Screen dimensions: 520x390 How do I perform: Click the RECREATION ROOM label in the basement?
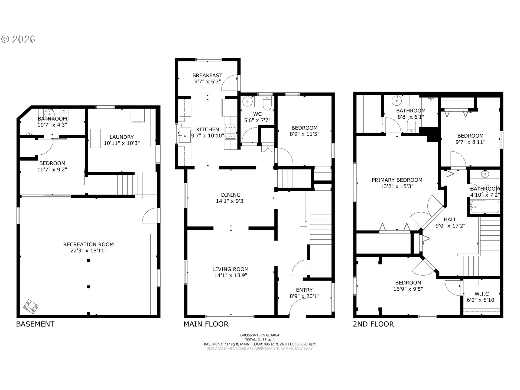pyautogui.click(x=88, y=244)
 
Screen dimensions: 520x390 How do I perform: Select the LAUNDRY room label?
pyautogui.click(x=122, y=137)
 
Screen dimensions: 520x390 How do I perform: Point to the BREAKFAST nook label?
pyautogui.click(x=207, y=76)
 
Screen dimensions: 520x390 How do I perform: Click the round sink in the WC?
pyautogui.click(x=248, y=102)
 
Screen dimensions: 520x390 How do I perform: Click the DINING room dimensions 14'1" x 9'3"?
pyautogui.click(x=231, y=201)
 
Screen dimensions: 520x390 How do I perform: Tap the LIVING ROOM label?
pyautogui.click(x=231, y=269)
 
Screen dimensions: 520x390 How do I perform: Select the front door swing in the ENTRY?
pyautogui.click(x=297, y=309)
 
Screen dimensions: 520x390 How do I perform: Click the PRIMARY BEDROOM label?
pyautogui.click(x=397, y=180)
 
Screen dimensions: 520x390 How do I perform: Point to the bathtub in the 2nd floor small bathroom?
pyautogui.click(x=485, y=207)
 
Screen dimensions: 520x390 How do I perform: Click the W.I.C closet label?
pyautogui.click(x=482, y=294)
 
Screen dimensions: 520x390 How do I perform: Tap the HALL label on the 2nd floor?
pyautogui.click(x=450, y=219)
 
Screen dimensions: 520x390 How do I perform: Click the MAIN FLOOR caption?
pyautogui.click(x=206, y=324)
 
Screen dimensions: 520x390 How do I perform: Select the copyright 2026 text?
pyautogui.click(x=18, y=39)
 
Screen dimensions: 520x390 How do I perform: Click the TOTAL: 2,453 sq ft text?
pyautogui.click(x=260, y=340)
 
